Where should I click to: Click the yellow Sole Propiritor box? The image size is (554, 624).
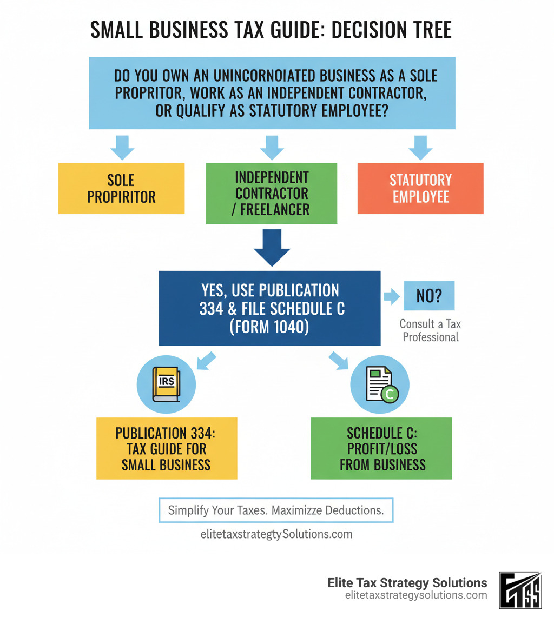pyautogui.click(x=121, y=188)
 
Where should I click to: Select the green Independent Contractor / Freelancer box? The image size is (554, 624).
pyautogui.click(x=272, y=193)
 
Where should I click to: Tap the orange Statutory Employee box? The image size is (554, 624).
pyautogui.click(x=420, y=188)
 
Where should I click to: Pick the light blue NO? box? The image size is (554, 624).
pyautogui.click(x=429, y=296)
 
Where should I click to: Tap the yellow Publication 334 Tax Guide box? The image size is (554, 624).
pyautogui.click(x=167, y=448)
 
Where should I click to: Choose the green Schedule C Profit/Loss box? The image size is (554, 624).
pyautogui.click(x=381, y=448)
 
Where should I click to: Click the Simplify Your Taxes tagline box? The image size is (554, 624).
pyautogui.click(x=276, y=510)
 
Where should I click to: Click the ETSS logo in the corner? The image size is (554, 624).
pyautogui.click(x=520, y=590)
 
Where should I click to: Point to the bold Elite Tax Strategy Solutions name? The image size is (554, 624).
pyautogui.click(x=407, y=583)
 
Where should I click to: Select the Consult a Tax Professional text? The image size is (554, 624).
pyautogui.click(x=430, y=330)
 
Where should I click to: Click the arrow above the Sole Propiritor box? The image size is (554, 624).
pyautogui.click(x=122, y=147)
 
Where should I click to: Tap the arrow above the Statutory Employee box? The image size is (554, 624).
pyautogui.click(x=420, y=147)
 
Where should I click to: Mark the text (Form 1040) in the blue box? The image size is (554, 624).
pyautogui.click(x=269, y=327)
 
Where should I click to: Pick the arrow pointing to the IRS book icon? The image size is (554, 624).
pyautogui.click(x=206, y=361)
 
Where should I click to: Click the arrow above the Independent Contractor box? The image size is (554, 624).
pyautogui.click(x=272, y=147)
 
